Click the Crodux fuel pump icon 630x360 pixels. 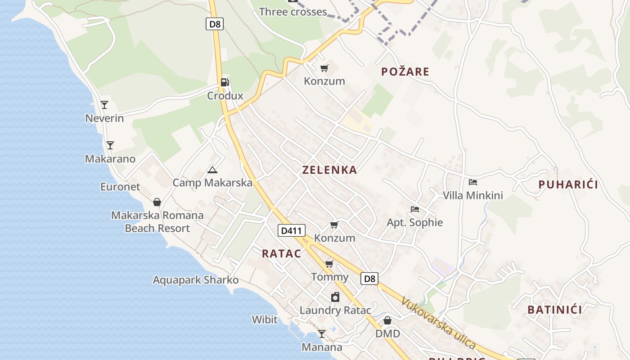225,82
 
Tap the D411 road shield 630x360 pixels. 292,231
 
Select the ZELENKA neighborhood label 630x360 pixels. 330,170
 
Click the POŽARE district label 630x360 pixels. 405,72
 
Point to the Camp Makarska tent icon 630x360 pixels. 212,170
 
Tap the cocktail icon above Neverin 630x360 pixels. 104,105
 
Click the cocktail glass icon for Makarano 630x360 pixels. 110,145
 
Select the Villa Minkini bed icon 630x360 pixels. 472,182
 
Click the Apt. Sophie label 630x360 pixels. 415,222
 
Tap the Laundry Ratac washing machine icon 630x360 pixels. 335,297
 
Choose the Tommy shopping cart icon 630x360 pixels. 329,264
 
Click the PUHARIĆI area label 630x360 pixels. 568,184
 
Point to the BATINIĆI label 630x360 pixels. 554,310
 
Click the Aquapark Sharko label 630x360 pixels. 196,280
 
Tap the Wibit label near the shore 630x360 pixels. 265,319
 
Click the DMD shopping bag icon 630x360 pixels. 387,320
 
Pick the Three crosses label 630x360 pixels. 293,12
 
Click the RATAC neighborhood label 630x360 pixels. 282,254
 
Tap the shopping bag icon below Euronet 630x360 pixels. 157,202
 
